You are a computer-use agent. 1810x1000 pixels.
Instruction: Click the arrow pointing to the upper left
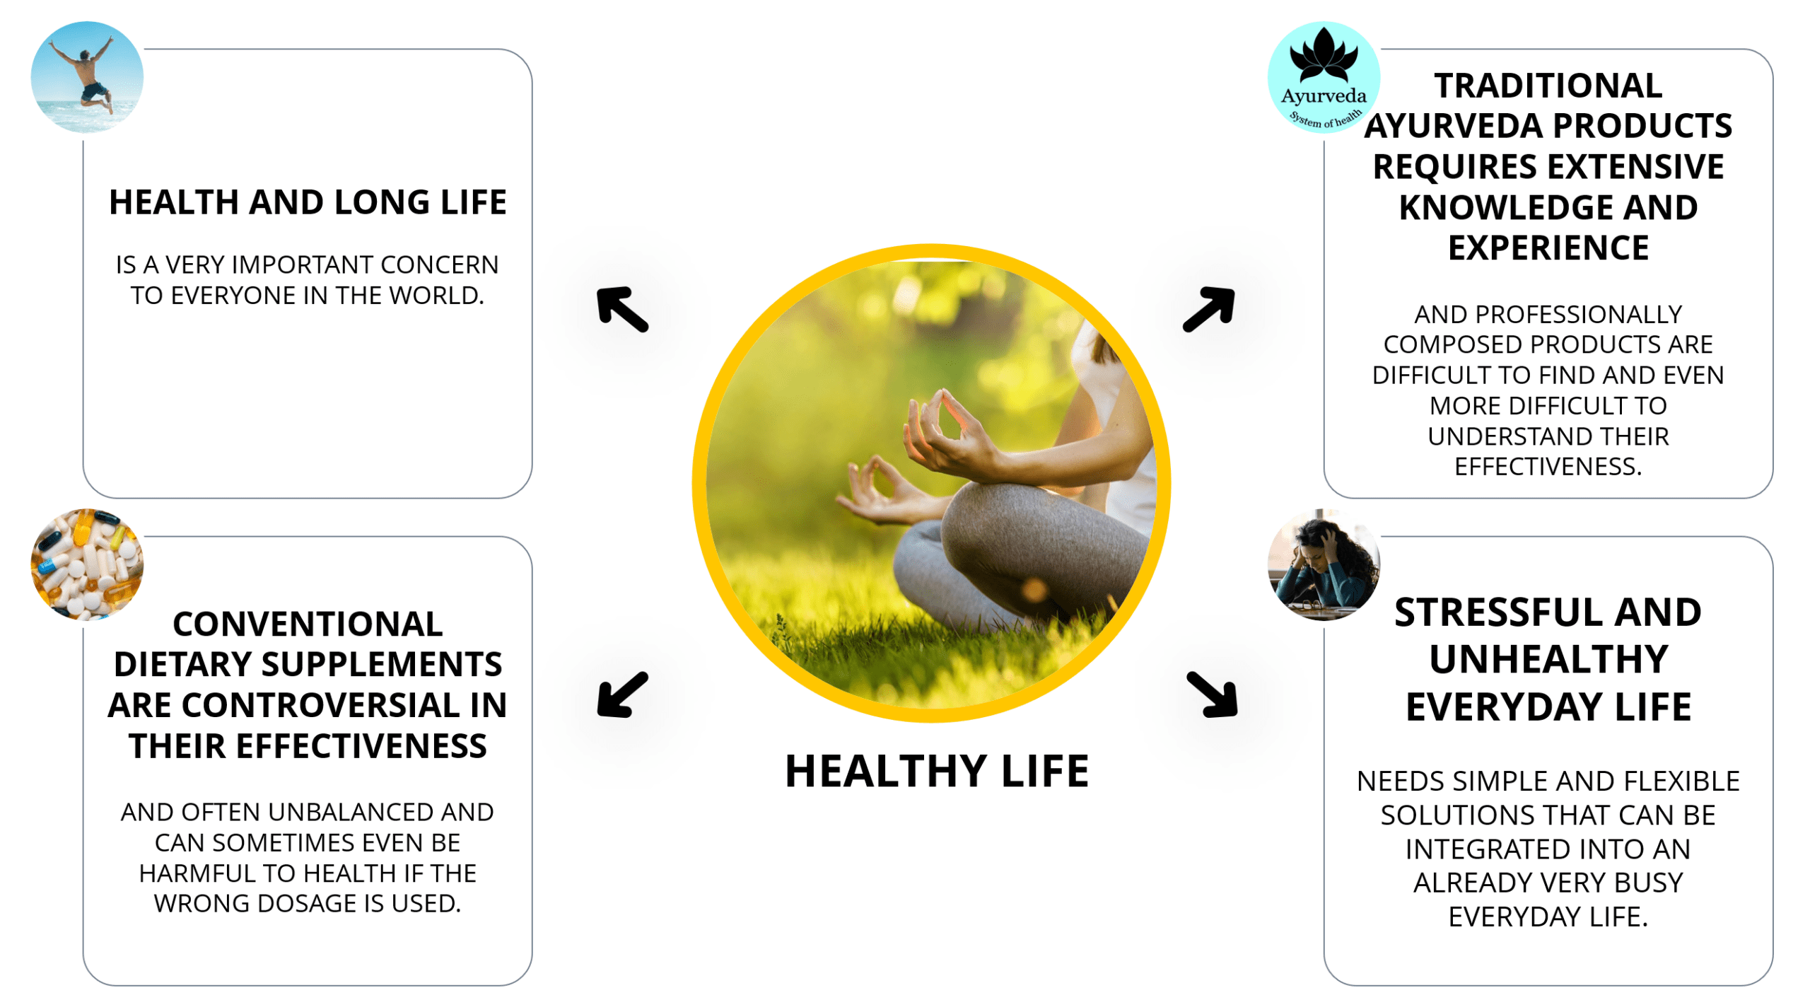click(621, 308)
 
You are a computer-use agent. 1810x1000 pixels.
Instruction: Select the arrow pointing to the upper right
click(1208, 308)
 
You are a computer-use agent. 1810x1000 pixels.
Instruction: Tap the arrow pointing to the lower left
click(621, 694)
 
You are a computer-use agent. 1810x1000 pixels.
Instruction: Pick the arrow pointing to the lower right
click(1212, 694)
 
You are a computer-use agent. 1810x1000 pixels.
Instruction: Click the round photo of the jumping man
click(87, 77)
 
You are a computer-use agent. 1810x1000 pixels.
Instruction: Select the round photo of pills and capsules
click(87, 564)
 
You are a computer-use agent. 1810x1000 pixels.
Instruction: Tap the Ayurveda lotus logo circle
click(1323, 77)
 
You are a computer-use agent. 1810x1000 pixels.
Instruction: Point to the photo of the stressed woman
click(1323, 564)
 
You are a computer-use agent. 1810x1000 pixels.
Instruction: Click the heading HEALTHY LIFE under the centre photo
click(936, 770)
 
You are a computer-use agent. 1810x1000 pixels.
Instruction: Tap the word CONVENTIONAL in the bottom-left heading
click(308, 624)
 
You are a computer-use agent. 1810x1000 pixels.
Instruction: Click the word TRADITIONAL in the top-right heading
click(1548, 86)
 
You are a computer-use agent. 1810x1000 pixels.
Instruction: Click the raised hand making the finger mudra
click(948, 431)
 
